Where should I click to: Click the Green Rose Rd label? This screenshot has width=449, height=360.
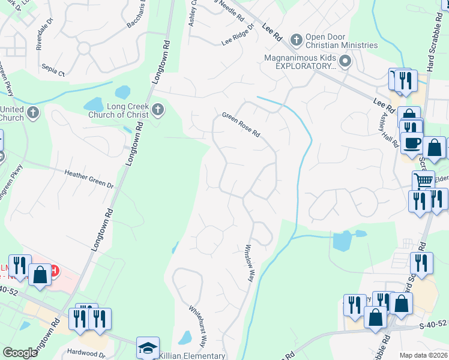240,124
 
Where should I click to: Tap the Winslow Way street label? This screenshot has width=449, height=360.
249,263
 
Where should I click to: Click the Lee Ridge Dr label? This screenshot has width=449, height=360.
238,35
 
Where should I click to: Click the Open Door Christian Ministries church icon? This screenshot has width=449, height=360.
296,40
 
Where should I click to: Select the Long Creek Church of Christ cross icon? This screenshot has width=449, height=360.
158,109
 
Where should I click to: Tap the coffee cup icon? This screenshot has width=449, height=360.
412,143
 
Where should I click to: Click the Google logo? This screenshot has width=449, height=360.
20,353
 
